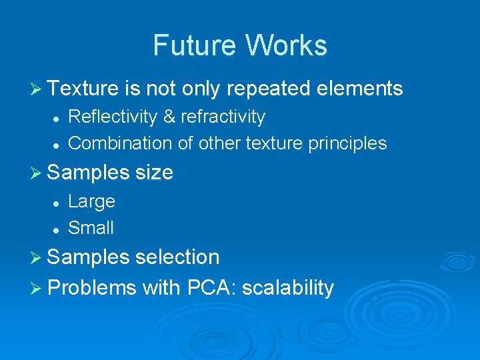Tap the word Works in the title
pyautogui.click(x=287, y=45)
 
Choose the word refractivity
pyautogui.click(x=223, y=117)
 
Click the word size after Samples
pyautogui.click(x=154, y=173)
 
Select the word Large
pyautogui.click(x=92, y=201)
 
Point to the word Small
pyautogui.click(x=91, y=228)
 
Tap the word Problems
pyautogui.click(x=93, y=288)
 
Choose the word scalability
pyautogui.click(x=288, y=288)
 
